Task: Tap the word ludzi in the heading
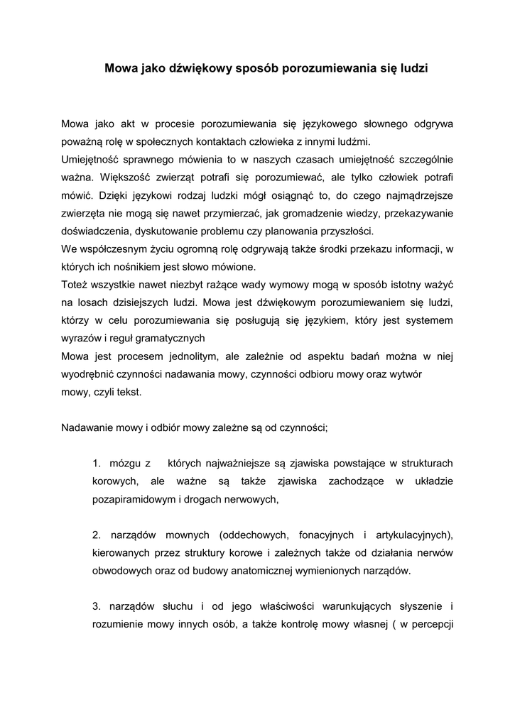point(415,70)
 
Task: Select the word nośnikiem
point(139,267)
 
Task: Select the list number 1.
point(97,464)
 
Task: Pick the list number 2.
point(97,535)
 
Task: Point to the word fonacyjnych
point(324,535)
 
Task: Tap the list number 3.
point(97,606)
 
